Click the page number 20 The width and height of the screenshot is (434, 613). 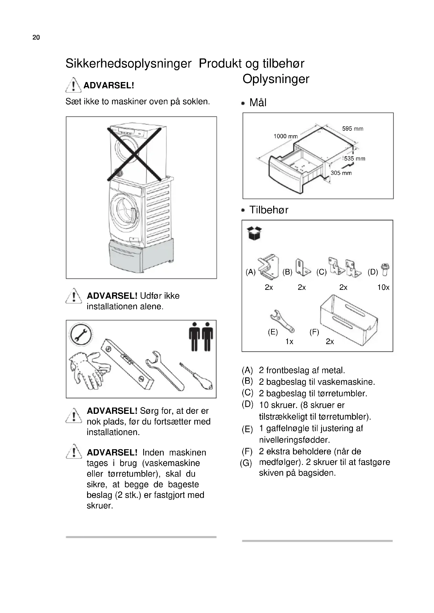pyautogui.click(x=36, y=37)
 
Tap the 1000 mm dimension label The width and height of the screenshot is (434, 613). pyautogui.click(x=285, y=136)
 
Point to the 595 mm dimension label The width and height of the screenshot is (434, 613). pyautogui.click(x=352, y=129)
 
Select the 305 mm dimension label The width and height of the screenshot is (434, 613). pyautogui.click(x=341, y=173)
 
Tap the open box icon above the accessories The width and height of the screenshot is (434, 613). pyautogui.click(x=254, y=233)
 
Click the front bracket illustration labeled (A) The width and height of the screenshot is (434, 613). pyautogui.click(x=268, y=267)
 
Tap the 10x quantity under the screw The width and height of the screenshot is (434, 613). pyautogui.click(x=383, y=287)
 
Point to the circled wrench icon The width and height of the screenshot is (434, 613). pyautogui.click(x=81, y=334)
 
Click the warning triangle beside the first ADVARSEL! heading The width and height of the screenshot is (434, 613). pyautogui.click(x=73, y=85)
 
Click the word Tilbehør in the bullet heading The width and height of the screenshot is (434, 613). pyautogui.click(x=269, y=210)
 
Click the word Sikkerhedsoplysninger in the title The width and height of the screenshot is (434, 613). pyautogui.click(x=128, y=63)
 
